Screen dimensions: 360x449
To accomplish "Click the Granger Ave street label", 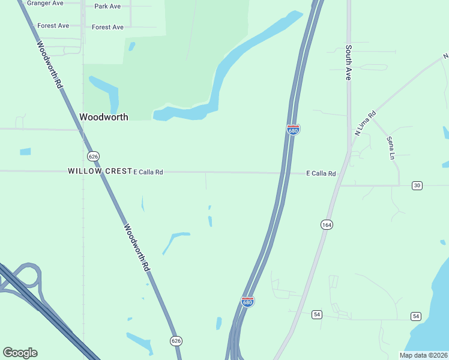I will (45, 3).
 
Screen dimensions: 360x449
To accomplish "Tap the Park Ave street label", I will (107, 7).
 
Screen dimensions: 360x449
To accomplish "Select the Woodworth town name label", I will (104, 117).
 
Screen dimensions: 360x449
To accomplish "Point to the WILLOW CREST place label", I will (99, 171).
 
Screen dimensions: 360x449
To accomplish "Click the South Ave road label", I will (348, 63).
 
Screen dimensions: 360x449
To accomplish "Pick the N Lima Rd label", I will (365, 123).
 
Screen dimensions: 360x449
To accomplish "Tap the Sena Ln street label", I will (391, 148).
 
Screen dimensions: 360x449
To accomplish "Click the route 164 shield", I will (327, 224).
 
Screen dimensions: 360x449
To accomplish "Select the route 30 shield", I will (417, 185).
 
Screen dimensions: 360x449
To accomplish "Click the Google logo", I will (20, 352).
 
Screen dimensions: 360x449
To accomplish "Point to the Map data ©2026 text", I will (423, 355).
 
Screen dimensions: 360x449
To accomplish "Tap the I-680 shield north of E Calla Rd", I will (293, 130).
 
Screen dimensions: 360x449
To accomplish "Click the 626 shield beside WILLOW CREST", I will (92, 156).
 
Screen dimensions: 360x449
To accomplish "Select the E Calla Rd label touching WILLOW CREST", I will (148, 172).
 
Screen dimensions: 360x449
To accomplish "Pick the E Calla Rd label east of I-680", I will (321, 173).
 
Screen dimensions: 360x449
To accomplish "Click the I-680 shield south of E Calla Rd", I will (247, 301).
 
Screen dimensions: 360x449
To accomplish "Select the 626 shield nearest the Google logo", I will (176, 341).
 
